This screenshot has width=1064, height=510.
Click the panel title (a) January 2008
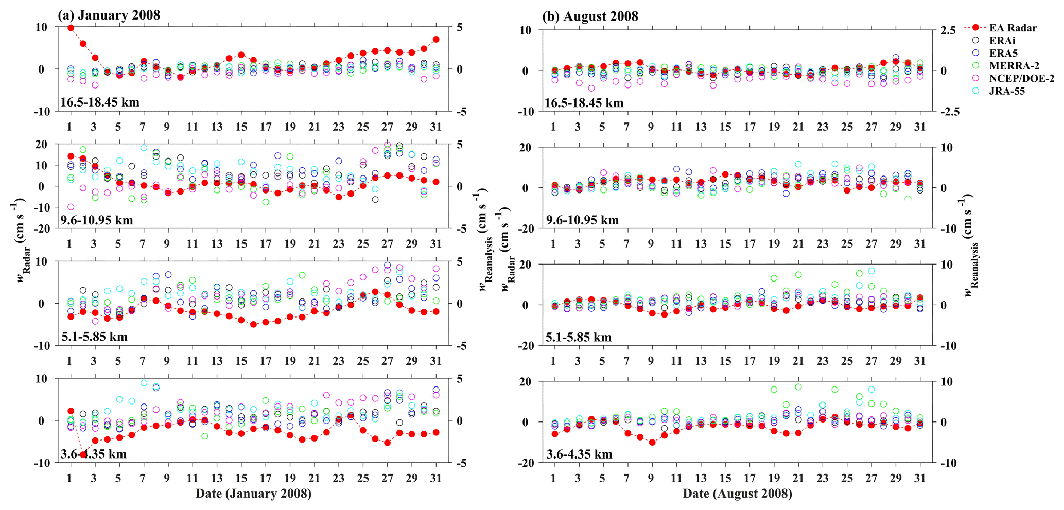(109, 15)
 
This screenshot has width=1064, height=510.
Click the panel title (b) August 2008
(590, 16)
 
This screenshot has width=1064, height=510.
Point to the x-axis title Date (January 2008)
(253, 494)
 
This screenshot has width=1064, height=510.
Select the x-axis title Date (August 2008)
(737, 494)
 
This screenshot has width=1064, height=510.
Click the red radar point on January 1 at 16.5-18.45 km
(71, 28)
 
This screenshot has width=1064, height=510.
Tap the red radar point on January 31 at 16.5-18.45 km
(436, 39)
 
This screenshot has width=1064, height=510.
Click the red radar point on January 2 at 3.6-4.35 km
(83, 454)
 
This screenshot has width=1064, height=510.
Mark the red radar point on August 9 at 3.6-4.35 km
(652, 442)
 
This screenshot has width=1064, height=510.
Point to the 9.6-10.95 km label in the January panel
(97, 220)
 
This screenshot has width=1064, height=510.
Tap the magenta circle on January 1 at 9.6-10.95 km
(71, 207)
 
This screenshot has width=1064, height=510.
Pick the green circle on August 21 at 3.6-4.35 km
(798, 387)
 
